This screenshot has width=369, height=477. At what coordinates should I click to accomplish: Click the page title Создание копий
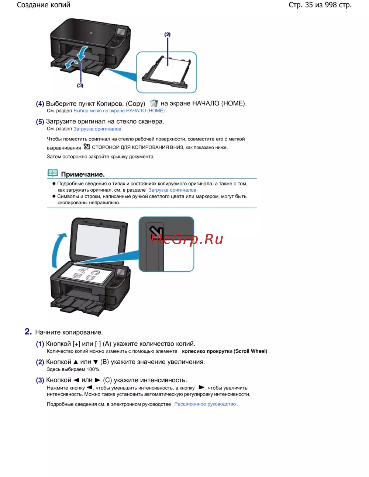[x=44, y=5]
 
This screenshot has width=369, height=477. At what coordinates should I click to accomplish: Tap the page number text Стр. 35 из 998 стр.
[x=320, y=5]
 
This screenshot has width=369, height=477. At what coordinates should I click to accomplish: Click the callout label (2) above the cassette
[x=168, y=34]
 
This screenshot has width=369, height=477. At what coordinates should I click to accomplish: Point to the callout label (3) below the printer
[x=80, y=86]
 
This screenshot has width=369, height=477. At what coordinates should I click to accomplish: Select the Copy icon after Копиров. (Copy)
[x=153, y=103]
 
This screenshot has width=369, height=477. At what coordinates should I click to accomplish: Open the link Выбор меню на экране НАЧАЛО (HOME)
[x=119, y=111]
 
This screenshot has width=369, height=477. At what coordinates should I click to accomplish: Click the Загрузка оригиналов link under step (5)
[x=97, y=129]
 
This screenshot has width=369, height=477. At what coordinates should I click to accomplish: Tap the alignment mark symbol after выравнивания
[x=87, y=146]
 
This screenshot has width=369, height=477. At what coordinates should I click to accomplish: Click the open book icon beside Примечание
[x=53, y=173]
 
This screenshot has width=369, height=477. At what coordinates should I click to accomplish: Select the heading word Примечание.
[x=83, y=174]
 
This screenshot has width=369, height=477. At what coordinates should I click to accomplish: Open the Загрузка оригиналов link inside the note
[x=172, y=190]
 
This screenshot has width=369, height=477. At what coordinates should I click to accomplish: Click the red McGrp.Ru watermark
[x=187, y=239]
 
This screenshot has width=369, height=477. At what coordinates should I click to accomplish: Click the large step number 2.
[x=28, y=331]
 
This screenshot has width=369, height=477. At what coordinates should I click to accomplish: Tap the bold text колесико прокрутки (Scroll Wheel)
[x=224, y=351]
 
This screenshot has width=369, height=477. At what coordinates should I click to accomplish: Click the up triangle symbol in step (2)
[x=76, y=362]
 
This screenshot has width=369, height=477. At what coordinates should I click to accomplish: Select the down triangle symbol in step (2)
[x=96, y=362]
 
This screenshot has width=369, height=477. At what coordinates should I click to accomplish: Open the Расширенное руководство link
[x=205, y=404]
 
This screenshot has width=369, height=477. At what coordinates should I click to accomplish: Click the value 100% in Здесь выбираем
[x=93, y=369]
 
